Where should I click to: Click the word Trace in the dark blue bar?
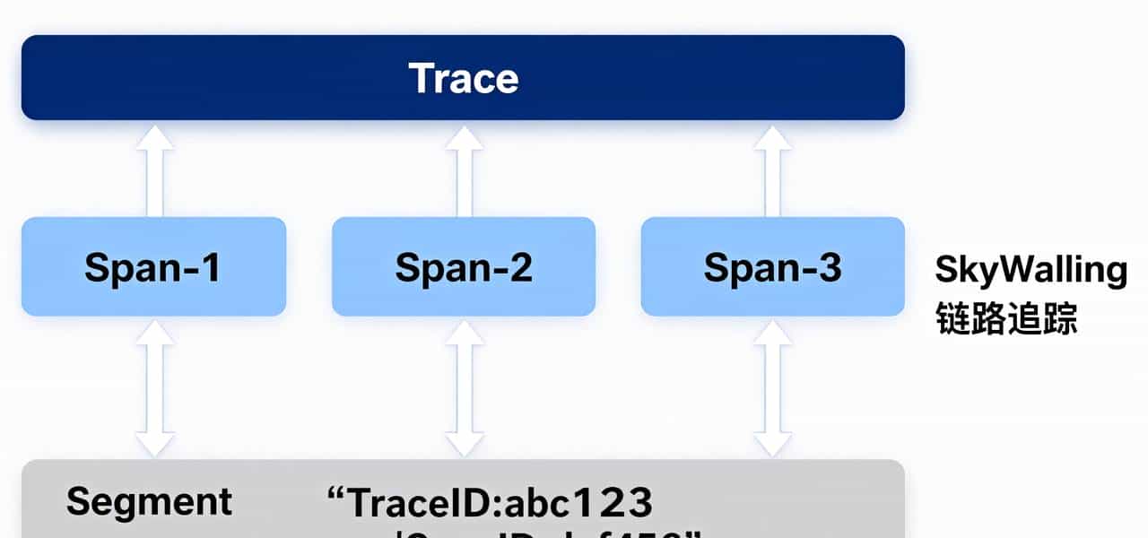(x=463, y=78)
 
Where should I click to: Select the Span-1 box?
(x=153, y=266)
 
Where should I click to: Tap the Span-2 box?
(x=464, y=266)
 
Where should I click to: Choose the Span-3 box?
(x=772, y=266)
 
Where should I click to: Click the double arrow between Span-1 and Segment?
(x=155, y=387)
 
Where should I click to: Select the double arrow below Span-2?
(x=464, y=387)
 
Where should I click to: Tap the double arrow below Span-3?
(x=772, y=387)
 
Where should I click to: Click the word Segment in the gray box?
(x=149, y=501)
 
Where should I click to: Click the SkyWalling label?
(x=1031, y=269)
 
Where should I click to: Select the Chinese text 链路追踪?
(x=1005, y=318)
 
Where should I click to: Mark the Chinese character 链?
(x=952, y=318)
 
